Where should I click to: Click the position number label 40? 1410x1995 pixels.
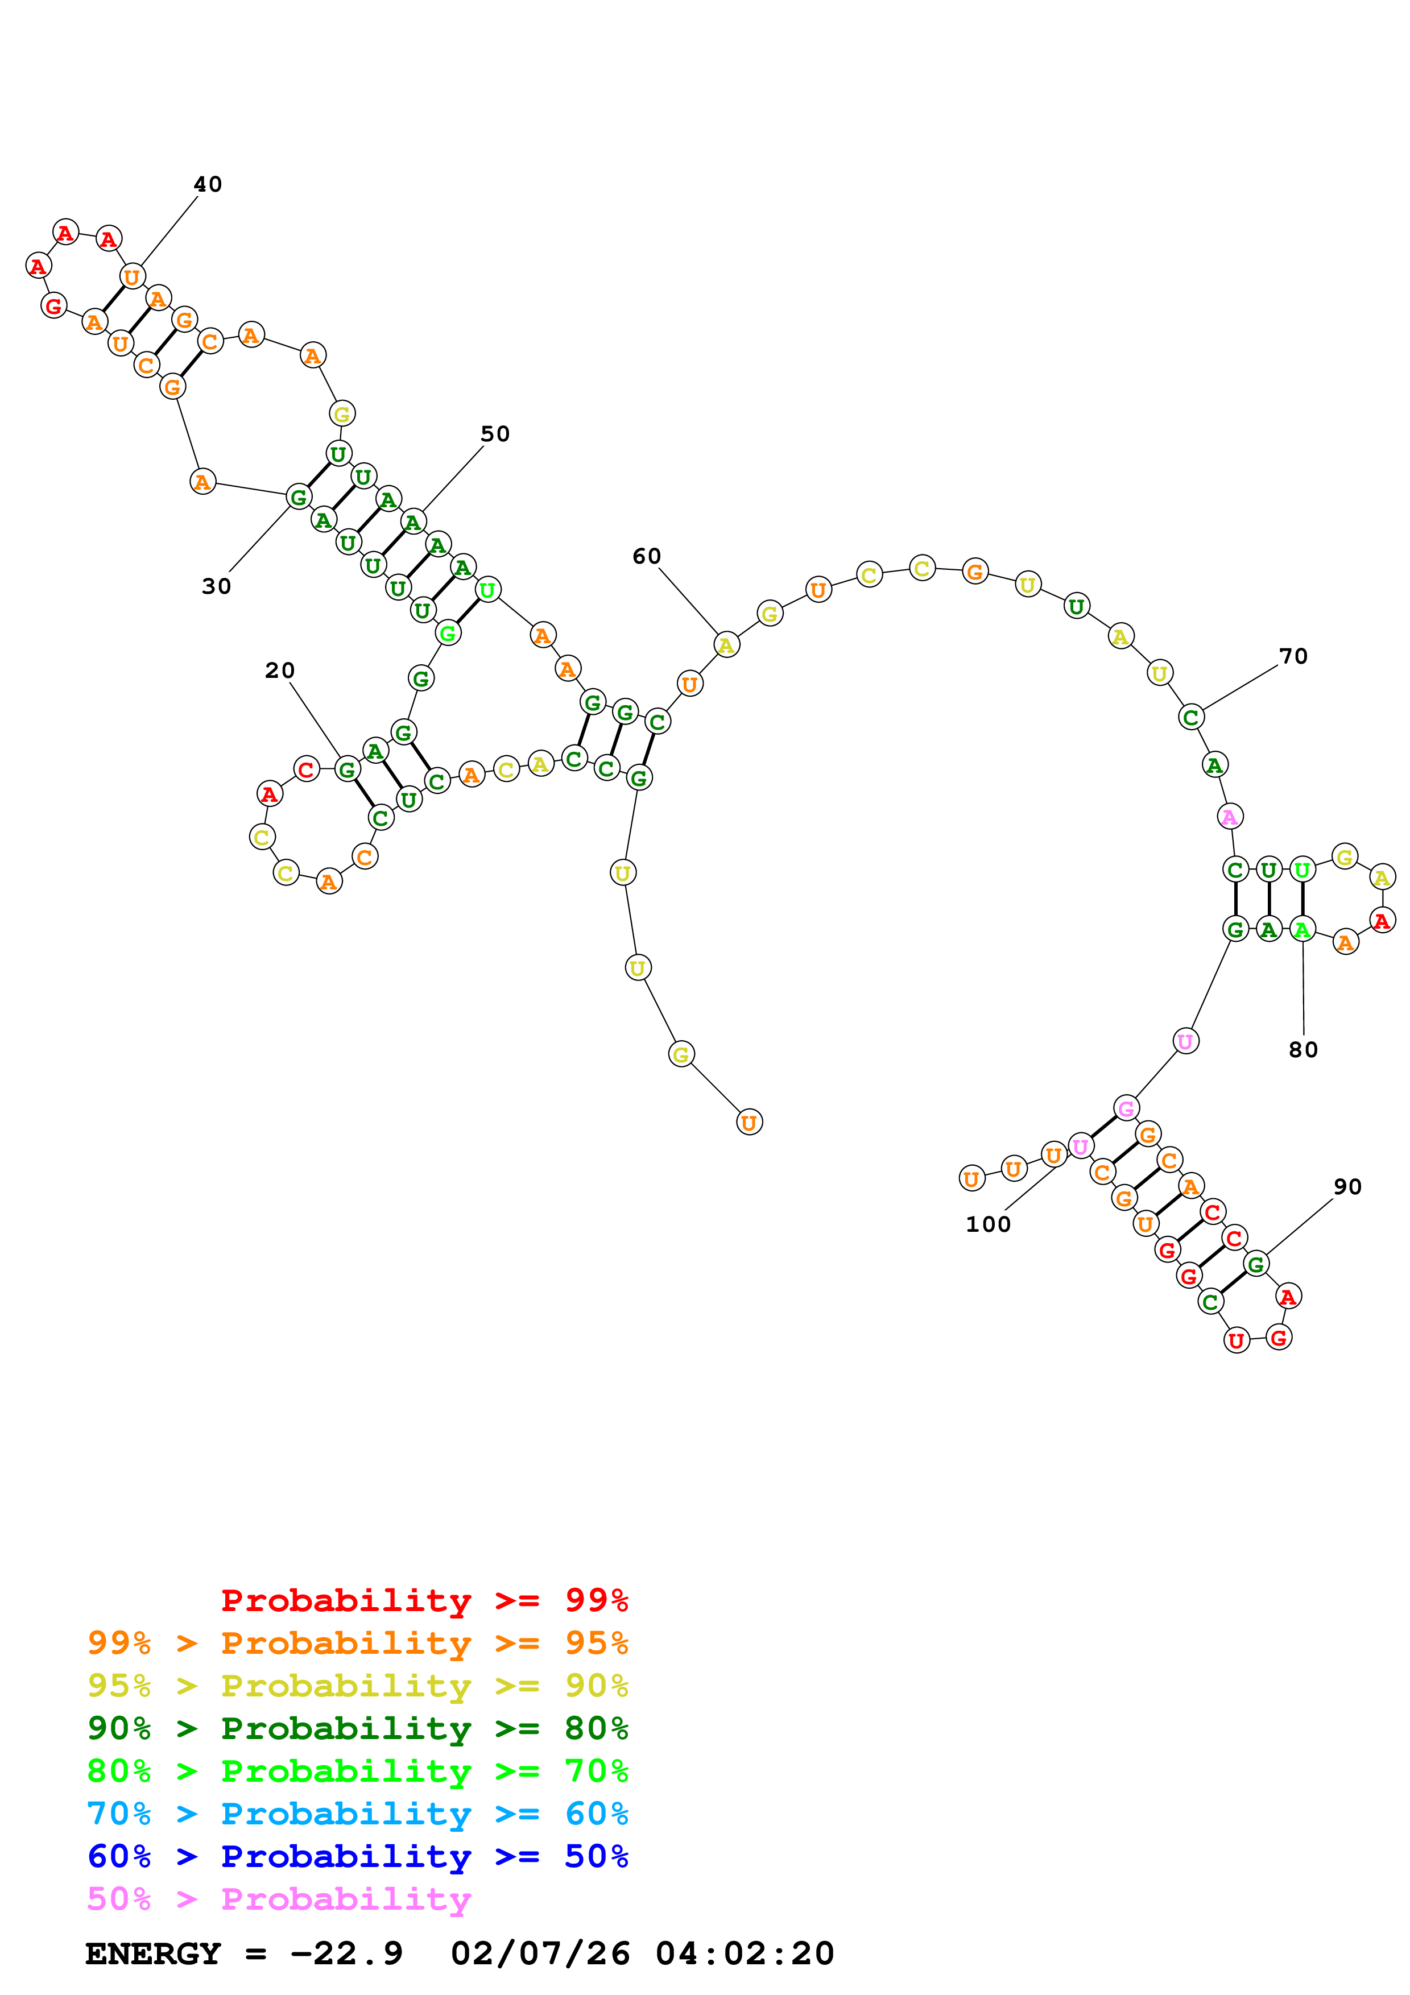tap(208, 184)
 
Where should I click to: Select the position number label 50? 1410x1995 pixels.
tap(495, 433)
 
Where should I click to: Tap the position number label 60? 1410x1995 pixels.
tap(646, 556)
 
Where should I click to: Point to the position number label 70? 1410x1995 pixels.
tap(1293, 656)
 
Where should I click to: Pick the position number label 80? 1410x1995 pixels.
tap(1303, 1050)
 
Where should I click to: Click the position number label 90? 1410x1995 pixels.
tap(1347, 1186)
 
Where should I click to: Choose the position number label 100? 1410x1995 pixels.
tap(988, 1224)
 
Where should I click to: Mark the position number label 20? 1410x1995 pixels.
tap(280, 670)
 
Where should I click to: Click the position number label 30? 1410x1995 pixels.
tap(216, 586)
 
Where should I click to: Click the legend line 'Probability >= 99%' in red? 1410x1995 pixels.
tap(424, 1600)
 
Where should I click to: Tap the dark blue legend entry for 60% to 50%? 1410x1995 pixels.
tap(357, 1856)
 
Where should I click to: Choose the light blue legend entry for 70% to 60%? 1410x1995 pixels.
tap(357, 1814)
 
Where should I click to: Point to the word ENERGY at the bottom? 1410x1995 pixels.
tap(153, 1953)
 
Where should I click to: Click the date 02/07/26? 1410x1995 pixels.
tap(540, 1953)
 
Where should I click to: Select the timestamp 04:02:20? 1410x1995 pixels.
tap(745, 1953)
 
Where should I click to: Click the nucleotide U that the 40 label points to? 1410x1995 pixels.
tap(132, 277)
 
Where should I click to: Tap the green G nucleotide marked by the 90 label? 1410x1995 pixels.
tap(1255, 1264)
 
